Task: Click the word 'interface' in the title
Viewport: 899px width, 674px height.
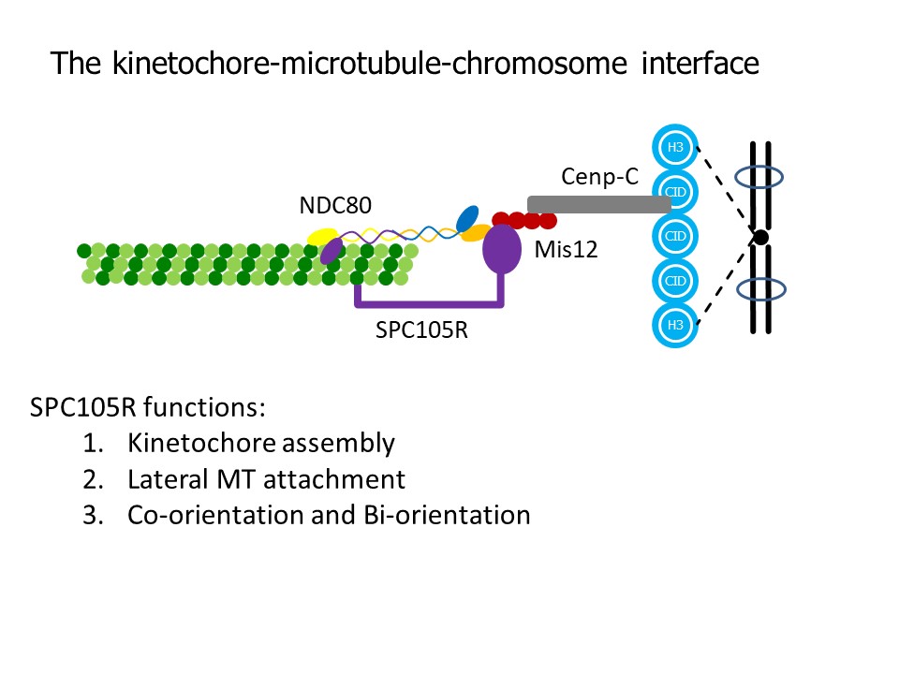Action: [700, 63]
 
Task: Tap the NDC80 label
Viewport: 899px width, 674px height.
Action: [335, 205]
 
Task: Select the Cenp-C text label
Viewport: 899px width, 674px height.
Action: [599, 177]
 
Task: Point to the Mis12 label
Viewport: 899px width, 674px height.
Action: [566, 249]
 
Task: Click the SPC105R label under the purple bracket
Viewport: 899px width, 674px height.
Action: [421, 330]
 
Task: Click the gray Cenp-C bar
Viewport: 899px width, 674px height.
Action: [599, 205]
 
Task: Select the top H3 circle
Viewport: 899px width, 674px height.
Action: [675, 147]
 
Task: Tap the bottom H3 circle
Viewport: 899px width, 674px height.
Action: [675, 325]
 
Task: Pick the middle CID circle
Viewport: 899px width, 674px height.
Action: [675, 236]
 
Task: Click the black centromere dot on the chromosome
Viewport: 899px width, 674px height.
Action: [760, 237]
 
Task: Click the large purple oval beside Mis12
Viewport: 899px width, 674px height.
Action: [502, 249]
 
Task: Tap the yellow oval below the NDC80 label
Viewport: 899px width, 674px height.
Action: [322, 237]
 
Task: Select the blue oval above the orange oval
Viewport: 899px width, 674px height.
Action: [467, 218]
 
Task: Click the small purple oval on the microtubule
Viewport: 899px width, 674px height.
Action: [332, 251]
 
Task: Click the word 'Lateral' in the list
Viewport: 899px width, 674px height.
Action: [167, 479]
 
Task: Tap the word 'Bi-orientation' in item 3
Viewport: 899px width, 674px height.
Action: [447, 515]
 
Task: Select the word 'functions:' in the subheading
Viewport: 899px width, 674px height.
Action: [205, 407]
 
